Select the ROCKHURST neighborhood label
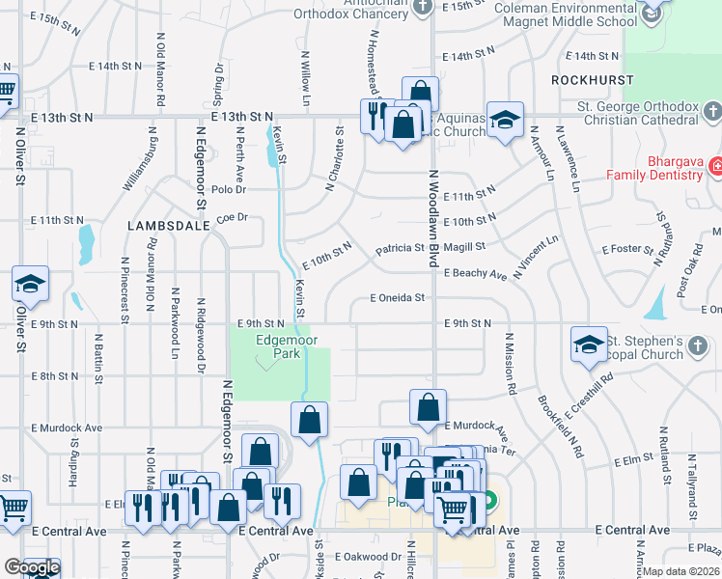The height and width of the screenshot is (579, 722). [594, 79]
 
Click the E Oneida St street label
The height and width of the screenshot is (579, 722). [398, 298]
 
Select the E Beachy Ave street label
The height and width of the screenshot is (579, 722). [475, 275]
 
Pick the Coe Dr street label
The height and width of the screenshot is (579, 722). [233, 217]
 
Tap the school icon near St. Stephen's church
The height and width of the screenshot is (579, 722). [589, 345]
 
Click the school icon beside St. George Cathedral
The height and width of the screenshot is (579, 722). [504, 120]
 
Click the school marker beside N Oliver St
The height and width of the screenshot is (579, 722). [30, 283]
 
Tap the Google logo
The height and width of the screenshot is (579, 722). [32, 567]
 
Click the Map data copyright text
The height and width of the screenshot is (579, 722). [681, 571]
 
